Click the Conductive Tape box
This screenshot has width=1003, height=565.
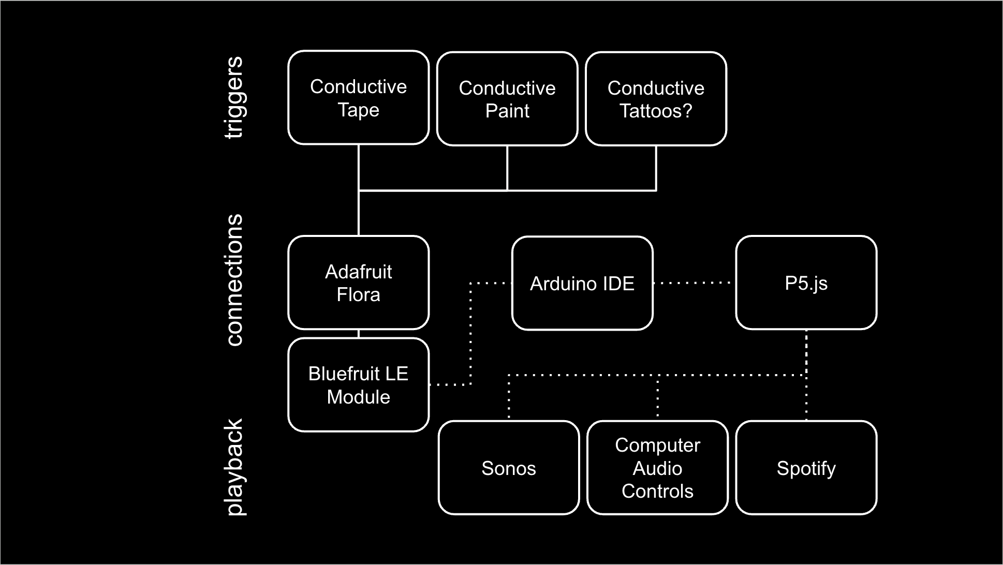[x=358, y=98]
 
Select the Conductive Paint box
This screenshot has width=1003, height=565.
[x=507, y=99]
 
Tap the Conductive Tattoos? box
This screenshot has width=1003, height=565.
[x=656, y=99]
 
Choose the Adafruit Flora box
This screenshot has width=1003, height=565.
[x=358, y=282]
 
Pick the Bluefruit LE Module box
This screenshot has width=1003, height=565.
[x=358, y=385]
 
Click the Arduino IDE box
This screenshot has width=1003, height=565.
[x=582, y=283]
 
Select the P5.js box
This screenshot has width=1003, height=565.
[x=806, y=282]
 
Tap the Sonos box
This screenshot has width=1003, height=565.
[x=509, y=468]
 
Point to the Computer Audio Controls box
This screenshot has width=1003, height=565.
[x=657, y=468]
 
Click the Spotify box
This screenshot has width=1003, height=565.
[x=806, y=468]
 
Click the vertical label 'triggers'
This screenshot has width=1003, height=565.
[x=234, y=97]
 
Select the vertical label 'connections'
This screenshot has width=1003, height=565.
[x=234, y=280]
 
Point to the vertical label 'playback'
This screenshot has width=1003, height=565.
[x=234, y=467]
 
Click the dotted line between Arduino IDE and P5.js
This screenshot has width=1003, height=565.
[x=694, y=283]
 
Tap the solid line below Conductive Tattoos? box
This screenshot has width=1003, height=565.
[x=656, y=168]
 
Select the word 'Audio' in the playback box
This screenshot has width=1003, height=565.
[x=657, y=468]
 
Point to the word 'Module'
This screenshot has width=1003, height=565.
[x=358, y=397]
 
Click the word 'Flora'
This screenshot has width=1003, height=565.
[x=358, y=294]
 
